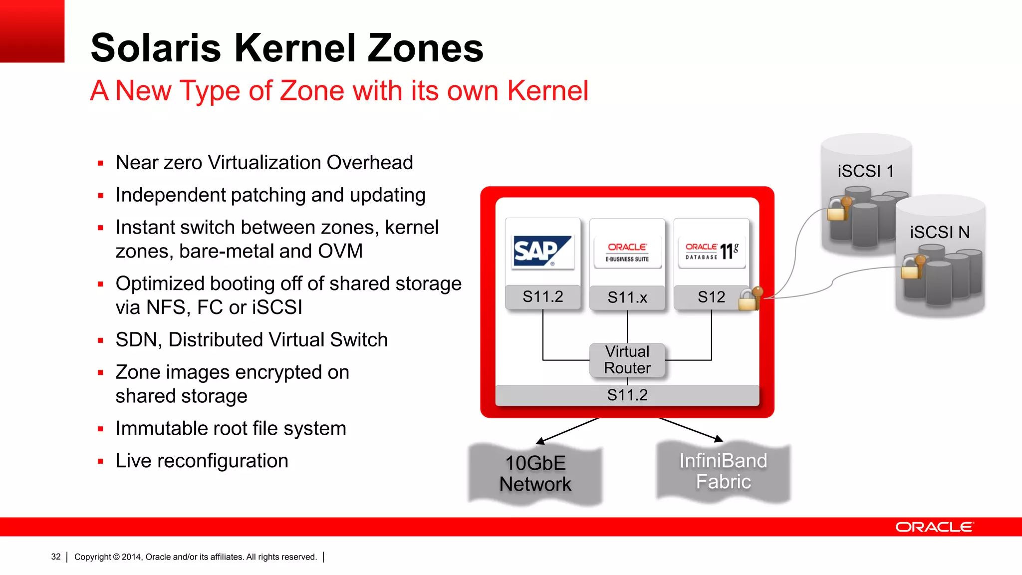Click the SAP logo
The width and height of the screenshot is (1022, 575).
point(542,252)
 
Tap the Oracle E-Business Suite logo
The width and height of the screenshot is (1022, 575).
point(627,252)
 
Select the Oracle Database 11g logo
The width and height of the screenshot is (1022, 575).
point(712,252)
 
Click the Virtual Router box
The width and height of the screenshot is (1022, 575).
point(627,360)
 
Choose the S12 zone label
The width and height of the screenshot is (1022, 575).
point(711,297)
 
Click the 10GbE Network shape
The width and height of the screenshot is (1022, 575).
point(535,474)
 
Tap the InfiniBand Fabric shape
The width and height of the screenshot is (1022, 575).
point(723,471)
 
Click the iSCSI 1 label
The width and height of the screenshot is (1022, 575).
point(865,171)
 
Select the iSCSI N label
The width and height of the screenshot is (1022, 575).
point(940,232)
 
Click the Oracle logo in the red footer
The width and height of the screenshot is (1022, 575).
point(934,527)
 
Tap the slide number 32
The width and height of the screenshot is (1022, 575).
point(56,557)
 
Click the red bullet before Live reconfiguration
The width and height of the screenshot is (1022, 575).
point(101,462)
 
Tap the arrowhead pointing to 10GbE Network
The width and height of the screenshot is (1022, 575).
point(540,441)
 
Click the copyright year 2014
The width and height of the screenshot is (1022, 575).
point(131,557)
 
